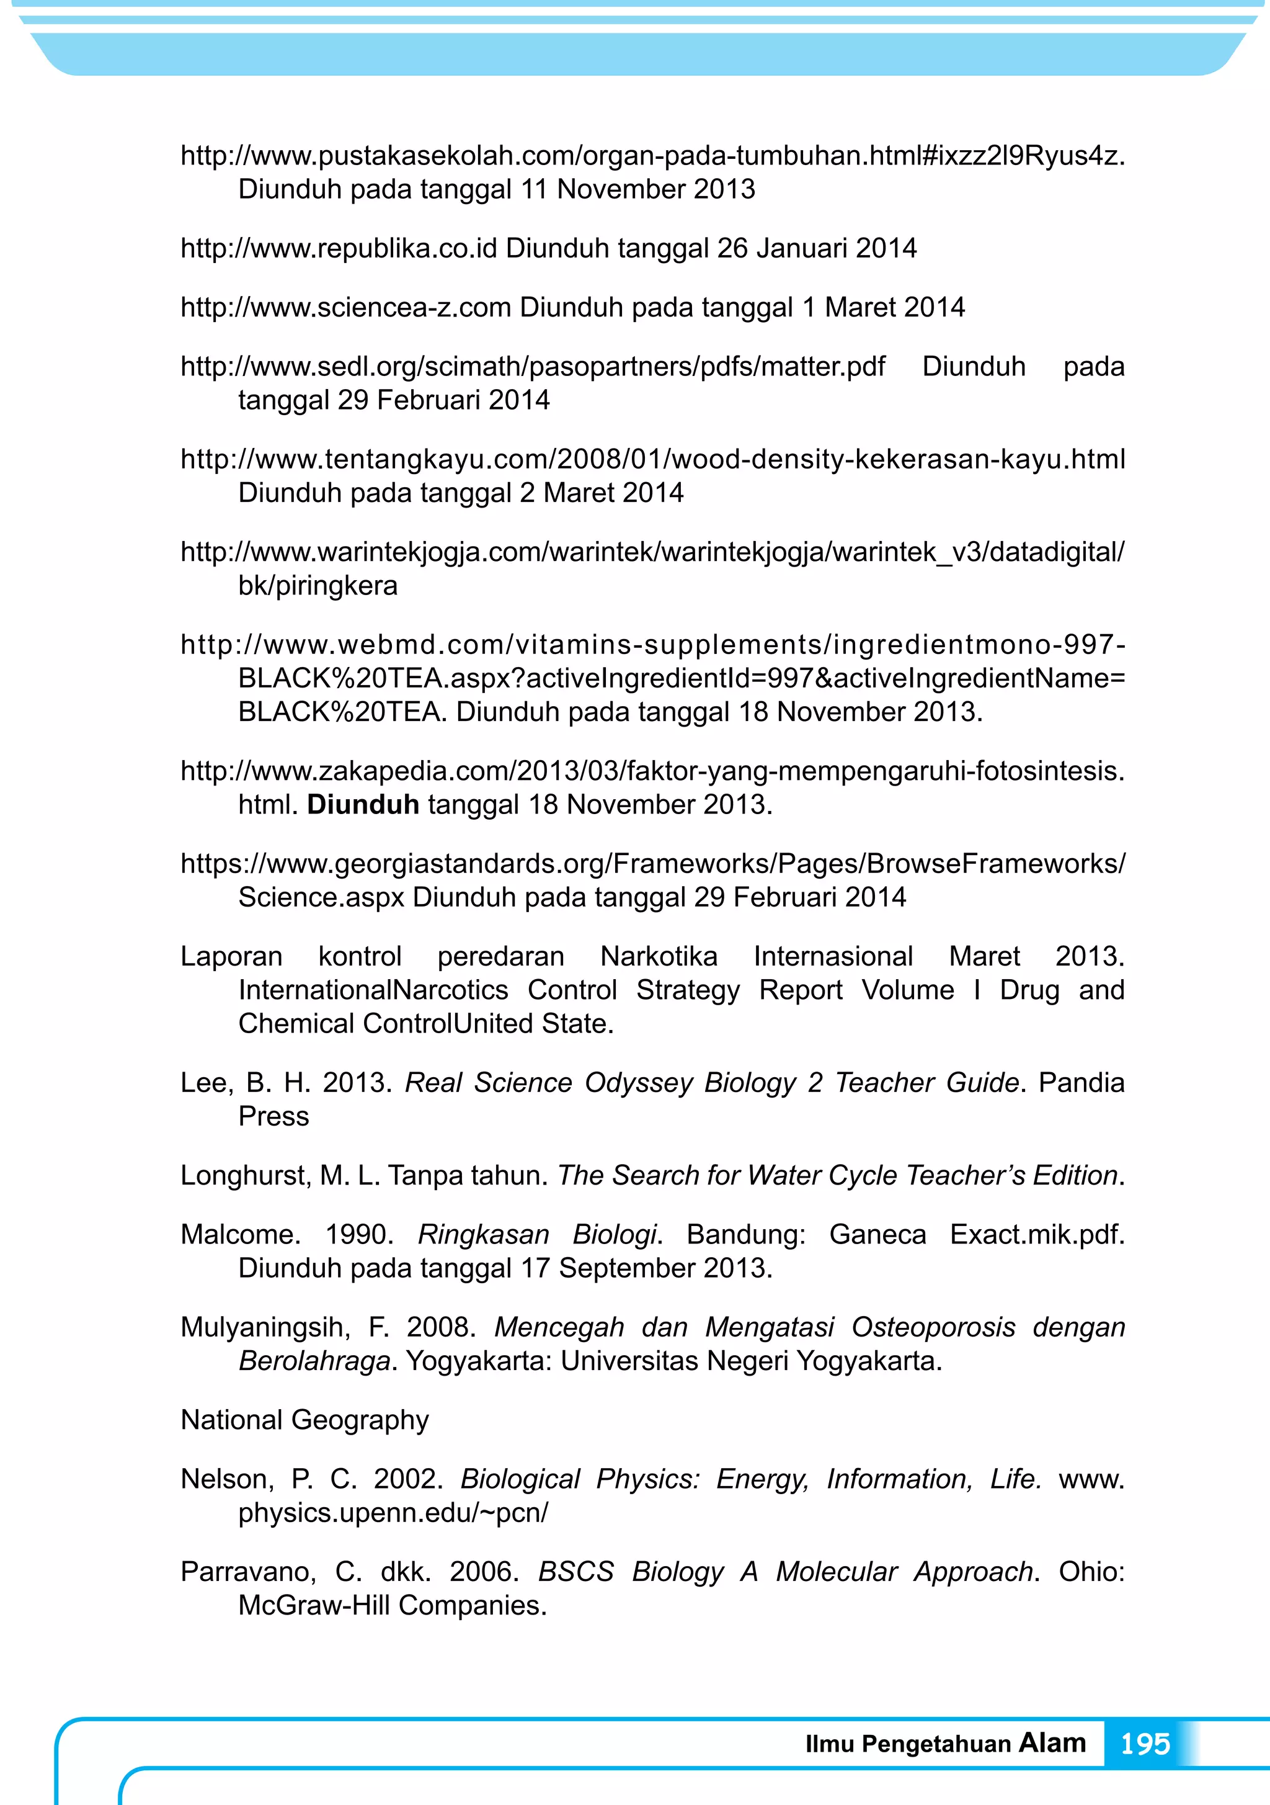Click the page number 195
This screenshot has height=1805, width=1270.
tap(1145, 1744)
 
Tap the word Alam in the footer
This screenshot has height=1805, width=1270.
tap(1052, 1742)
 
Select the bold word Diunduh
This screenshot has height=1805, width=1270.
tap(363, 804)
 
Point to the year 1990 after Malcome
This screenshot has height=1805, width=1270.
tap(359, 1234)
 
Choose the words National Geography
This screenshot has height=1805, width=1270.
tap(305, 1420)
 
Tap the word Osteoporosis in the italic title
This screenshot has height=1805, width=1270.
tap(933, 1327)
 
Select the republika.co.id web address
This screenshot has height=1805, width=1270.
tap(339, 248)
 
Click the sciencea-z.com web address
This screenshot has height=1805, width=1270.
tap(346, 307)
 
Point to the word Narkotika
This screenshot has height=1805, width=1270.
tap(659, 956)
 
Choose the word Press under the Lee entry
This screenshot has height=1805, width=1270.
tap(273, 1116)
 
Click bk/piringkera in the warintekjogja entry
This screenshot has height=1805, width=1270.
tap(317, 586)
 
